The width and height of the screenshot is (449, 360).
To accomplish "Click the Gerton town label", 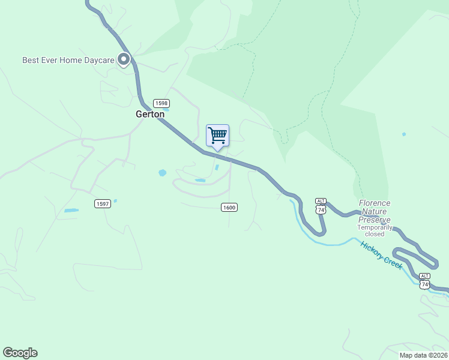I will [150, 114].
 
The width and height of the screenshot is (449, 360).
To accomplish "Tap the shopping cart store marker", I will [217, 135].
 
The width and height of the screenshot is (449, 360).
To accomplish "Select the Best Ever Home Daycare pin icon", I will [124, 59].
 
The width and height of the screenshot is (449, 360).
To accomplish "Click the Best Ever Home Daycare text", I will [68, 60].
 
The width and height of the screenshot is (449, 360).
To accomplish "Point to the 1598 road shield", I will [161, 103].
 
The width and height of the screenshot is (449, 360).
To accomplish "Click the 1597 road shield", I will [103, 204].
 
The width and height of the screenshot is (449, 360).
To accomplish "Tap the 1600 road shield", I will [229, 208].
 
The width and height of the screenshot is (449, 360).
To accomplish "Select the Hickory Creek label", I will [381, 256].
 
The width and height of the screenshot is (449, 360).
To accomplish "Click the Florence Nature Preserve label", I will [375, 212].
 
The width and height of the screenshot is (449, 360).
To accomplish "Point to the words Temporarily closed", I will [375, 232].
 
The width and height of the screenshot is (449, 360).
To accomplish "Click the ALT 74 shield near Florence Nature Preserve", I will [321, 206].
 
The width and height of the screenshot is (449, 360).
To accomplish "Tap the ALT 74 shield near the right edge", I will [425, 281].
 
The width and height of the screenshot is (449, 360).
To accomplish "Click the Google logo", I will [20, 353].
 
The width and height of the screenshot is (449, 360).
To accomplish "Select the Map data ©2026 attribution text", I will [423, 355].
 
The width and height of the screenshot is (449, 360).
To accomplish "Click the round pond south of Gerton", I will [162, 173].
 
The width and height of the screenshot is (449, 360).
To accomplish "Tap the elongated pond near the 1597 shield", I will [71, 211].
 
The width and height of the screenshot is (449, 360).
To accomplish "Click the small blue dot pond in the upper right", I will [404, 134].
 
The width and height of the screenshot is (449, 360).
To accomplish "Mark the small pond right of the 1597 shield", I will [115, 200].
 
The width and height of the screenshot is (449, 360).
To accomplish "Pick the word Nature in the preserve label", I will [375, 212].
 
